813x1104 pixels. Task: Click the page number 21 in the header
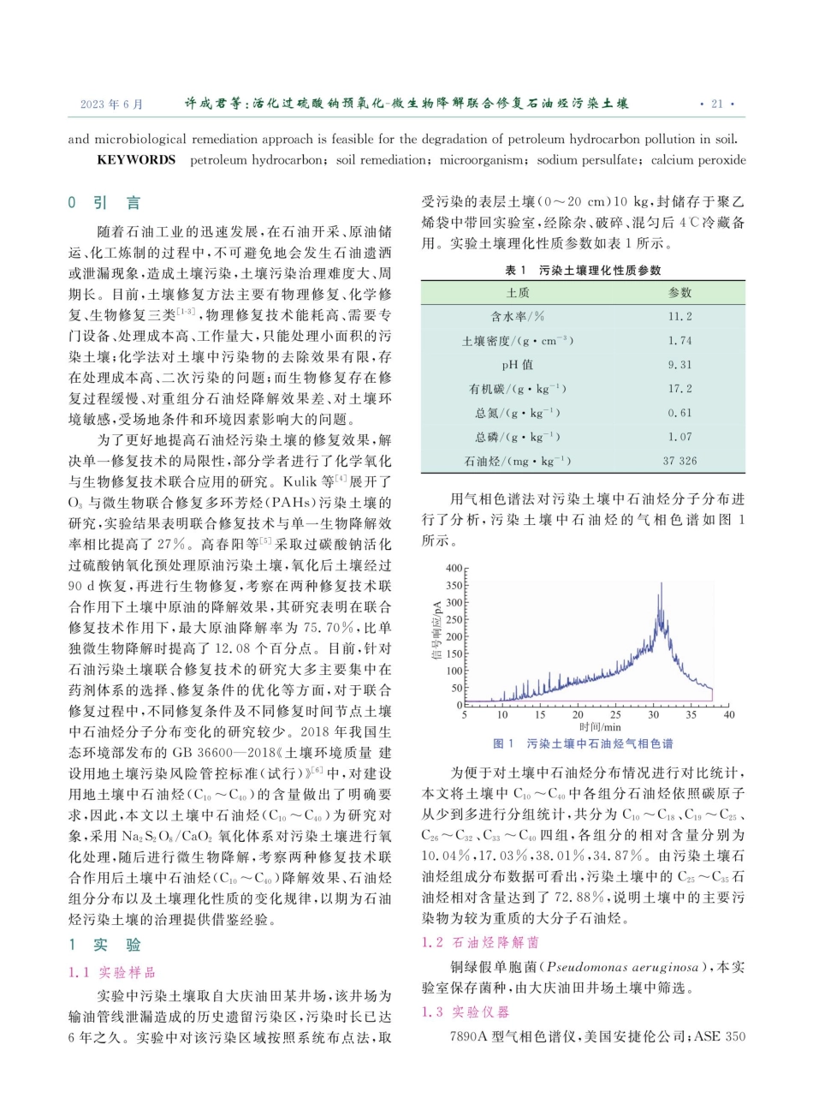tap(716, 104)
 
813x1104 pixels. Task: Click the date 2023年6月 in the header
tap(111, 104)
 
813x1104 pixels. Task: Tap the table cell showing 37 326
tap(679, 461)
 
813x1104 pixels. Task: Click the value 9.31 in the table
tap(679, 364)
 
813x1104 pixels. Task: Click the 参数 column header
tap(679, 292)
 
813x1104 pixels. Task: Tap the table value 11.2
tap(679, 316)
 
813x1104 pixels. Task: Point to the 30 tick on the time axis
tap(653, 714)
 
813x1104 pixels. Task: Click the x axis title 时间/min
tap(595, 727)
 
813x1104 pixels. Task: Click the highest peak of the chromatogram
tap(660, 585)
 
